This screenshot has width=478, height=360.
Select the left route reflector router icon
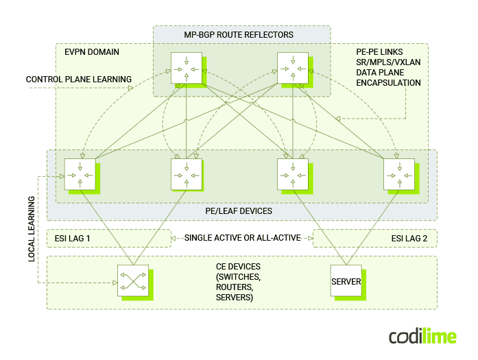coord(186,67)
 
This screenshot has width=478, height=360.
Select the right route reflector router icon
coord(293,67)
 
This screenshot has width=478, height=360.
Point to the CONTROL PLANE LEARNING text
coord(79,80)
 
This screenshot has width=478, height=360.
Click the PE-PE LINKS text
coord(379,52)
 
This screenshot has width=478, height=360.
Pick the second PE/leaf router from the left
coord(186,174)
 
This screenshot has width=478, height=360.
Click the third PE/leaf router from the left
coord(293,174)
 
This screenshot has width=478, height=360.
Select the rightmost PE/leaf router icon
coord(399,174)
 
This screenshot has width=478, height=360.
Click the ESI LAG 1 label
coord(72,238)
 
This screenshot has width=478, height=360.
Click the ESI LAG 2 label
coord(409,238)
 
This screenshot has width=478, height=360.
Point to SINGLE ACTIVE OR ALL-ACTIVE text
coord(242,238)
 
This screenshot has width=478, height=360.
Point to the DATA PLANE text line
coord(380,72)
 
